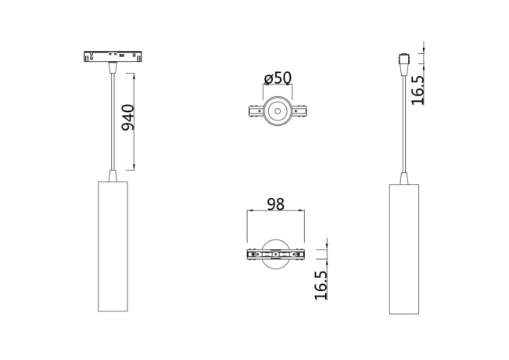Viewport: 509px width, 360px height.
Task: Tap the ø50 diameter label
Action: [x=277, y=78]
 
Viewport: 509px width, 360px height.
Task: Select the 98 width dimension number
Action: [x=275, y=204]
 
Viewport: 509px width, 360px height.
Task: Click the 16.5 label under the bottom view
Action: [x=320, y=284]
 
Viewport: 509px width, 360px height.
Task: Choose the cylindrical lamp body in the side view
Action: [x=405, y=247]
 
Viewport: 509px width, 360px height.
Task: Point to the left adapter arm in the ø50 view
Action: [x=255, y=113]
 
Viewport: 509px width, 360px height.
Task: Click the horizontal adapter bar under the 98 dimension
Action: [x=275, y=254]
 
